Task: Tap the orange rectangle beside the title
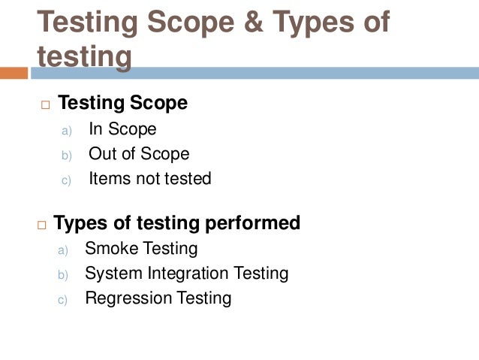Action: coord(14,73)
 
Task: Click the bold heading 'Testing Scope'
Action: coord(122,103)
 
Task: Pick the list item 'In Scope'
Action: coord(122,129)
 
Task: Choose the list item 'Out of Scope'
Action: coord(139,154)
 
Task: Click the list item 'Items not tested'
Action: coord(150,179)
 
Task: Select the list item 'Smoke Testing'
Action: coord(141,248)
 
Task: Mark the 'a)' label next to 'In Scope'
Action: coord(65,130)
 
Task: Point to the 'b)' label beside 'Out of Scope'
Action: coord(65,156)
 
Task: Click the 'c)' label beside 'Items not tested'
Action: coord(65,180)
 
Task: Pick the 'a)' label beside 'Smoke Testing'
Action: coord(63,250)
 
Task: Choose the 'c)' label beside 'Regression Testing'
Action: coord(63,300)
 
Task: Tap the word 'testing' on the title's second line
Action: coord(84,57)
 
